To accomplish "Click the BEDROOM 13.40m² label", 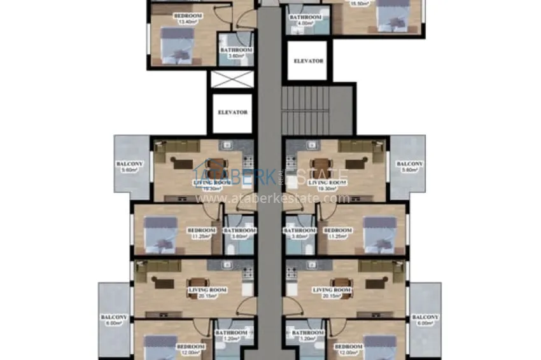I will (x=188, y=18).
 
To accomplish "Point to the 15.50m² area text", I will (x=361, y=3).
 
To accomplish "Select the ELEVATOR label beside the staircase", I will (x=308, y=61).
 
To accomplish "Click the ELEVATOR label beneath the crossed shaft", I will (x=232, y=113).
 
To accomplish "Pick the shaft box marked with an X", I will (x=232, y=80).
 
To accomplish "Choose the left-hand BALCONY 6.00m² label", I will (x=114, y=320).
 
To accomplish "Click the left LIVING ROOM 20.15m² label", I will (x=203, y=293).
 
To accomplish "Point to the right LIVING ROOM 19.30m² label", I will (x=327, y=185).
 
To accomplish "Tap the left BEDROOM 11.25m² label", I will (x=200, y=233).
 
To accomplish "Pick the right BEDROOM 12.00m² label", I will (x=349, y=349).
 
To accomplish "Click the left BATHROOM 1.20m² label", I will (x=230, y=335).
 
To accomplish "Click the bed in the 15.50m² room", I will (x=390, y=15).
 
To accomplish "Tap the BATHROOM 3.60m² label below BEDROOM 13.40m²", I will (x=236, y=53).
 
